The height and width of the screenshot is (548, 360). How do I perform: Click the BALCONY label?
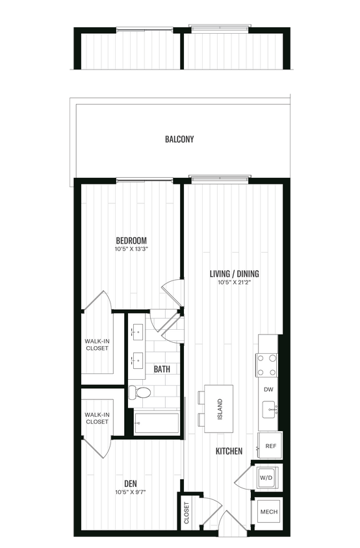(x=179, y=139)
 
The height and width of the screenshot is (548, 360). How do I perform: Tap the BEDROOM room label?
(x=131, y=240)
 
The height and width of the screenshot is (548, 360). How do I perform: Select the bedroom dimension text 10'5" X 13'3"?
(x=131, y=249)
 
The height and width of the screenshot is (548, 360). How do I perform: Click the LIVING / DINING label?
(x=234, y=273)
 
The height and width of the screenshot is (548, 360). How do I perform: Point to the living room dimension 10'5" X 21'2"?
(x=234, y=282)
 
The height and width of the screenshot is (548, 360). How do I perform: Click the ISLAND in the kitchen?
(x=220, y=408)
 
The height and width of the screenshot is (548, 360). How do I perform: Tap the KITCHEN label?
(x=230, y=451)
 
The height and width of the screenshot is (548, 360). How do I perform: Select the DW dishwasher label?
(x=268, y=390)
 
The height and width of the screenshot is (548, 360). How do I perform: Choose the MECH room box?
(x=268, y=512)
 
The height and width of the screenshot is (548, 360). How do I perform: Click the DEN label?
(x=131, y=482)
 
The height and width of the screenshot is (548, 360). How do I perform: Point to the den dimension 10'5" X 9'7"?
(x=131, y=492)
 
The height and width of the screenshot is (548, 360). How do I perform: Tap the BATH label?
(x=162, y=369)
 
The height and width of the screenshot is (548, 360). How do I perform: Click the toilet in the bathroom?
(x=140, y=392)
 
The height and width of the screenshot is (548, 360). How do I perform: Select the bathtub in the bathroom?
(x=157, y=423)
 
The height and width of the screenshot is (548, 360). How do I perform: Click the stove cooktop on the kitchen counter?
(x=266, y=365)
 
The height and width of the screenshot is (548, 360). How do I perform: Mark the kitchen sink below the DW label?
(x=268, y=410)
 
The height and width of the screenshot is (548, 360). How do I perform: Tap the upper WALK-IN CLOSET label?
(x=97, y=344)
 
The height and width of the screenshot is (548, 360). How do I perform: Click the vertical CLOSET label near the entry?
(x=186, y=512)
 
